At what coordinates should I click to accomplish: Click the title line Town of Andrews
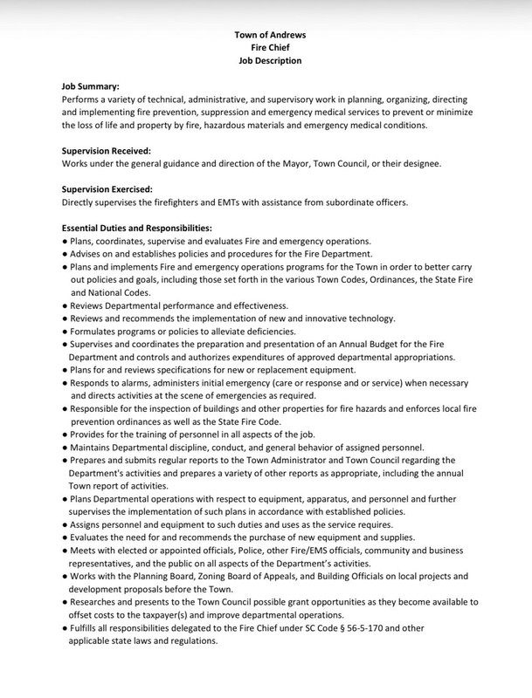269,34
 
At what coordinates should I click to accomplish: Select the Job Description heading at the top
269,61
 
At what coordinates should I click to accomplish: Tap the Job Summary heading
90,88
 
